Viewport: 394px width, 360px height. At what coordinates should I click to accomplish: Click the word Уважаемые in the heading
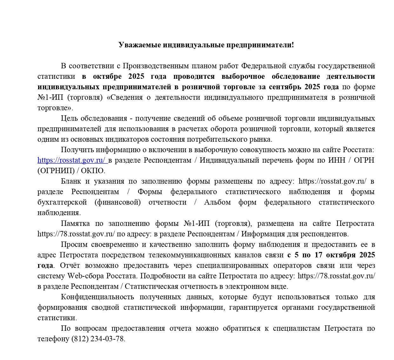pos(139,45)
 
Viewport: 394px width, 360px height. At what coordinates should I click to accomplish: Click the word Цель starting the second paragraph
pos(69,118)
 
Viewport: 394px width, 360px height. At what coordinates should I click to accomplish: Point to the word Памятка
pos(75,223)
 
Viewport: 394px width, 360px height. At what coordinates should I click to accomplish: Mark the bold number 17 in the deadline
pos(319,255)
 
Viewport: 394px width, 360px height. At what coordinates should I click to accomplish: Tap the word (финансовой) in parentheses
pos(117,202)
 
